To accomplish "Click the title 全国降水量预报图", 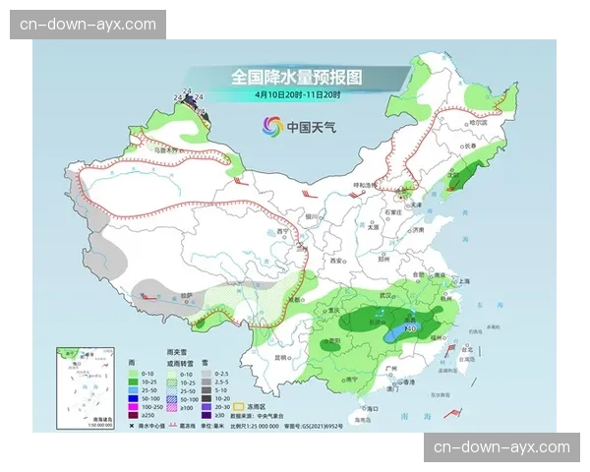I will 296,77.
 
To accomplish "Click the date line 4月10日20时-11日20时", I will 296,94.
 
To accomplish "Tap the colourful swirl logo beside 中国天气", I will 271,126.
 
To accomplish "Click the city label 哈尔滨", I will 476,123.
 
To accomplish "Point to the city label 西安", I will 339,261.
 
